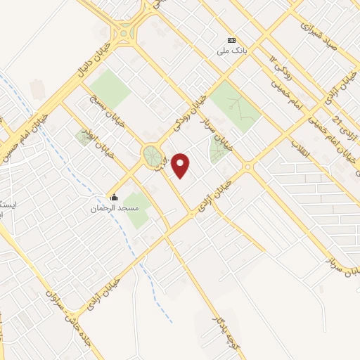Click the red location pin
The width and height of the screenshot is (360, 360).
coord(181,166)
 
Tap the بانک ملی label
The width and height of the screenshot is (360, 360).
coord(230,51)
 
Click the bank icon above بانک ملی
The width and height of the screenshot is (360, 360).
coord(230,39)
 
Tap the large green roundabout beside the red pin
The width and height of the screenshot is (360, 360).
coord(151,156)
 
